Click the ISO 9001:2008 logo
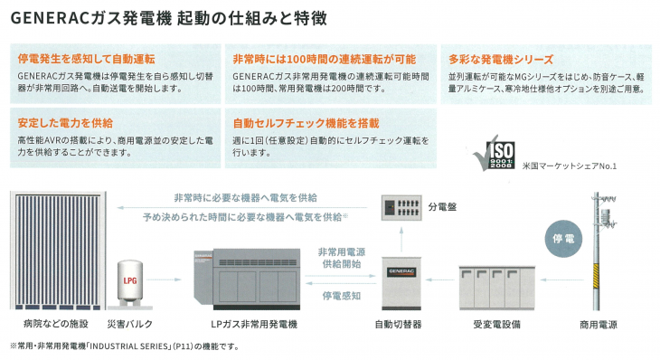tap(495, 153)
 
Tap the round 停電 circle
tap(563, 239)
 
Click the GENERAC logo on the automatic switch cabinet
tap(401, 272)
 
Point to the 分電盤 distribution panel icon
tap(401, 207)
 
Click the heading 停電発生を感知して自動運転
tap(86, 59)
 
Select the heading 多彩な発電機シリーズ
tap(501, 60)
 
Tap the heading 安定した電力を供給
tap(65, 123)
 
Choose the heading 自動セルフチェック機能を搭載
tap(306, 123)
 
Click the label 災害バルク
tap(129, 324)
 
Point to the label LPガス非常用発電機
tap(254, 324)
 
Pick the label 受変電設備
tap(496, 324)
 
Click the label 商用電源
tap(599, 325)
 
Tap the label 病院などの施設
tap(56, 324)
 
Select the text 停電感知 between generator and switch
tap(342, 296)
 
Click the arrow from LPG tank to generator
tap(164, 279)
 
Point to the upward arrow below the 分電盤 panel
tap(401, 239)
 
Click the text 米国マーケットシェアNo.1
tap(569, 166)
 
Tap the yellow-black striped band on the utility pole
tap(596, 276)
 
